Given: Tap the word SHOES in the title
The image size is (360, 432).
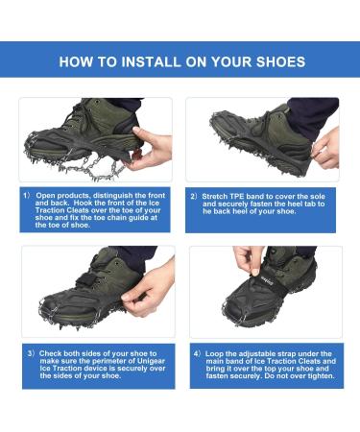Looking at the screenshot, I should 276,61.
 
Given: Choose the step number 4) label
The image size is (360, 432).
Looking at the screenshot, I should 196,353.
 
